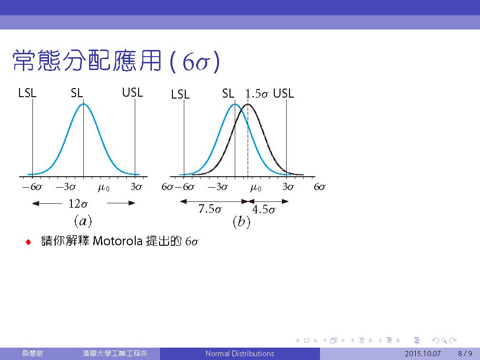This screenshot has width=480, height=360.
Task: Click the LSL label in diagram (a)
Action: click(27, 93)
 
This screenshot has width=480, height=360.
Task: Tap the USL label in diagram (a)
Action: click(132, 92)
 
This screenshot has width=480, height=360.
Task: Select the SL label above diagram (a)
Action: click(77, 93)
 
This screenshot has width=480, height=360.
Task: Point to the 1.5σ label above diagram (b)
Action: click(257, 94)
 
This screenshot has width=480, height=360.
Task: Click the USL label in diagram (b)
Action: click(283, 93)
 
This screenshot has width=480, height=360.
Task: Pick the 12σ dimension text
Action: click(78, 204)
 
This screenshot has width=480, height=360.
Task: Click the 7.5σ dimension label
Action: click(210, 209)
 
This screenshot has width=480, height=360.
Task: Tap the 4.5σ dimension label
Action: click(264, 210)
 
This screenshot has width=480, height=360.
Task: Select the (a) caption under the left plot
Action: click(83, 221)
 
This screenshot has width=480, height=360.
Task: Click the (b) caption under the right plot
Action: click(241, 221)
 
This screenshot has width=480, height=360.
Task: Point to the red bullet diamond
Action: click(29, 242)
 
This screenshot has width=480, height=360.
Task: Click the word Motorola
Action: click(118, 241)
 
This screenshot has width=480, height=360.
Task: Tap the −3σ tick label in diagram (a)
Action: click(66, 187)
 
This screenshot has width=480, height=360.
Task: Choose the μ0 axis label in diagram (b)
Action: click(256, 187)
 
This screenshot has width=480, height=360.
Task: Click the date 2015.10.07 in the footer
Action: click(422, 353)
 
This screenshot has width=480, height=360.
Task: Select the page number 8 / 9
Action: click(465, 353)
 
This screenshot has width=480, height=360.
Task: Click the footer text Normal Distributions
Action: click(240, 353)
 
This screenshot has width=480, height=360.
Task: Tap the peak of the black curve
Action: click(248, 104)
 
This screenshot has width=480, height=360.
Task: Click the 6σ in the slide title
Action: click(195, 62)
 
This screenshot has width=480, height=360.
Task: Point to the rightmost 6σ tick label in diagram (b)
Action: click(320, 187)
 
